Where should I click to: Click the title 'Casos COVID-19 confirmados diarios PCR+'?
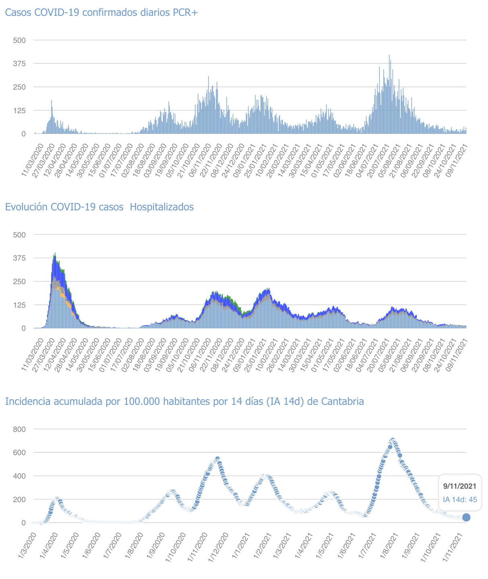[x=101, y=12]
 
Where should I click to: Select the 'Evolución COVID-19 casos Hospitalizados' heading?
[x=99, y=207]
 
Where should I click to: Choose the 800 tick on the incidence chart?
[x=19, y=429]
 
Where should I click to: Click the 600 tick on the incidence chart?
[x=19, y=453]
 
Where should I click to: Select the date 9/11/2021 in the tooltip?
[x=460, y=487]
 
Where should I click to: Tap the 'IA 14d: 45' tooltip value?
[x=460, y=499]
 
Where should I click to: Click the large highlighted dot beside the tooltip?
[x=466, y=517]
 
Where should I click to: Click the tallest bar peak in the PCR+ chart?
[x=389, y=55]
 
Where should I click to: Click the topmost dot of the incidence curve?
[x=393, y=440]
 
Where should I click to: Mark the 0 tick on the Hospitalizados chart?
[x=23, y=329]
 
